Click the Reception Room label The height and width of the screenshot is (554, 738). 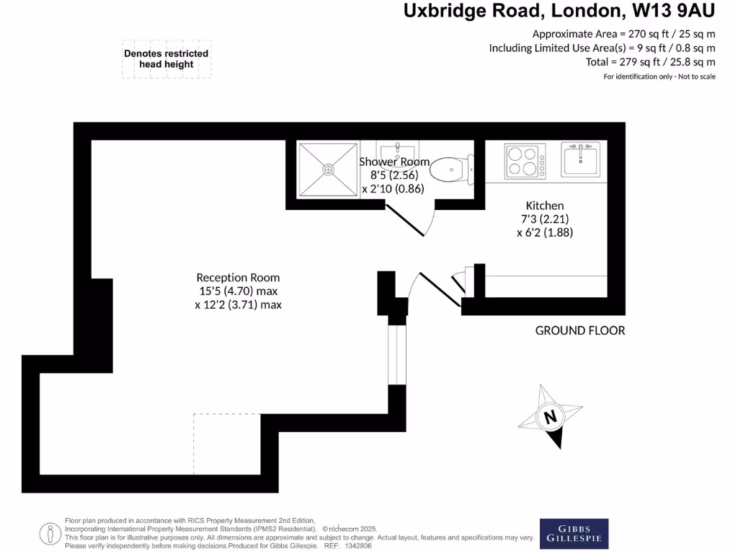coord(238,278)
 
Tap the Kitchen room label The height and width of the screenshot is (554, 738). coord(545,206)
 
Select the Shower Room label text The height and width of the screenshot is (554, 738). coord(394,162)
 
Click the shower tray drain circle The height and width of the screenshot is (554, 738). coord(328,170)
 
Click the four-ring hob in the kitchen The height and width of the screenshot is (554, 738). coord(525,161)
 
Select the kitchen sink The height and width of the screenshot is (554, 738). coord(581,159)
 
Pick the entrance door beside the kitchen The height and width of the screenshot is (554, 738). coord(432,289)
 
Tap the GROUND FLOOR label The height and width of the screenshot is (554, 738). coord(579,330)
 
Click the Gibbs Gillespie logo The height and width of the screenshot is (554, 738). coord(574,533)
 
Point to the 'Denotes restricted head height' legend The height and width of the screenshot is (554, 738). coord(166,58)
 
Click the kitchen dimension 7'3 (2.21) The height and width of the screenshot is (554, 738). coord(545,219)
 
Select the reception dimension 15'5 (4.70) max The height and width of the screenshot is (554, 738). coord(238,291)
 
